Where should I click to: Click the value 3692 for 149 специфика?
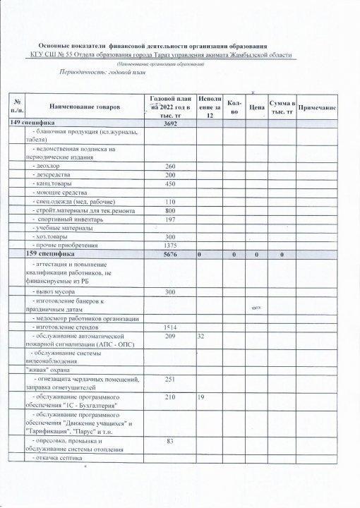coord(169,123)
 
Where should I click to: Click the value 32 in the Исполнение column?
coord(201,337)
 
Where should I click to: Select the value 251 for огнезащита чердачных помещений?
coord(169,380)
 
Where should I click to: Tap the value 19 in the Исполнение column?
coord(201,398)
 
